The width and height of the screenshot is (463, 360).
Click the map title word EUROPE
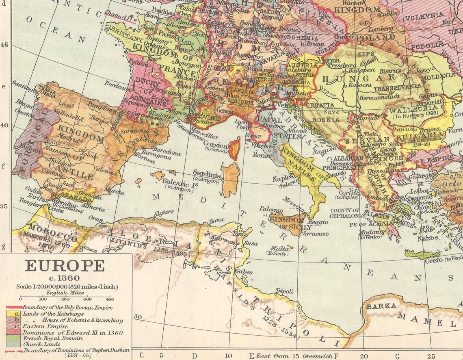[x=65, y=266]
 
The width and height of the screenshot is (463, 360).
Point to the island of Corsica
[x=234, y=148]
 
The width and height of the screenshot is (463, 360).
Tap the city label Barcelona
[x=167, y=153]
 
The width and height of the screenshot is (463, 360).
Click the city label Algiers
[x=164, y=213]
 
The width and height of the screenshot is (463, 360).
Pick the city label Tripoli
[x=284, y=291]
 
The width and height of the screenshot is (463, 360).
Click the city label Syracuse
[x=316, y=234]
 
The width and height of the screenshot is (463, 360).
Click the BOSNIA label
[x=327, y=119]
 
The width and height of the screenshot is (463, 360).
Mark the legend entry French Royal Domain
[x=53, y=338]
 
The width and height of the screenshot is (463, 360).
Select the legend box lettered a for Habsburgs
[x=17, y=313]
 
